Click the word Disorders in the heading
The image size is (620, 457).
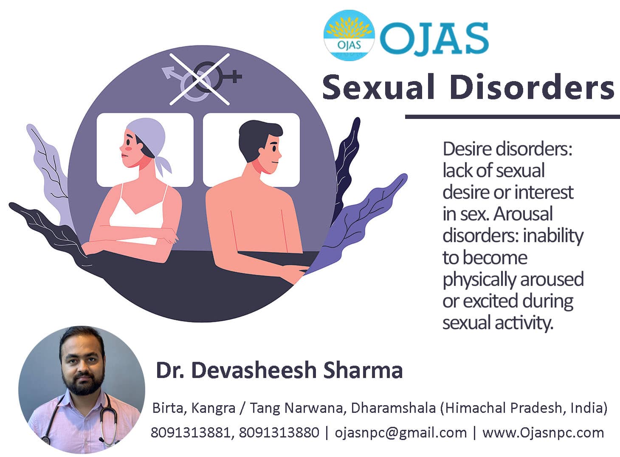[x=531, y=87]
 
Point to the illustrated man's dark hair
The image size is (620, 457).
[x=255, y=136]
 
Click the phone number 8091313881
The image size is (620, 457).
[x=191, y=433]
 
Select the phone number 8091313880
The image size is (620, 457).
[x=279, y=433]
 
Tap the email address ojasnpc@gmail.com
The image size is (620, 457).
[x=400, y=433]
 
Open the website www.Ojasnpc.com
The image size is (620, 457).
[x=543, y=433]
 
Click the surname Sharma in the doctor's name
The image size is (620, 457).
[x=363, y=370]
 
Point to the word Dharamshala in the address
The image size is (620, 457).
[x=393, y=408]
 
